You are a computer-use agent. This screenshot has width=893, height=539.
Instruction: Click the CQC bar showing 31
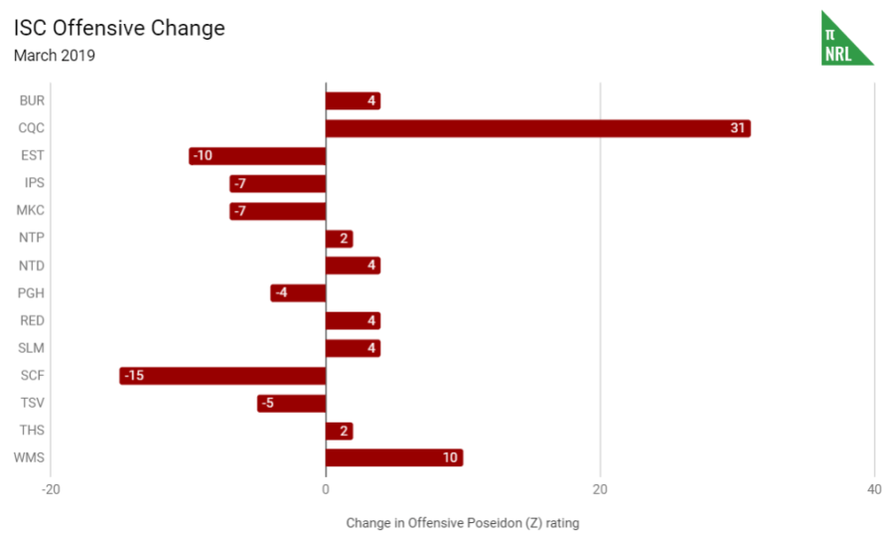click(537, 128)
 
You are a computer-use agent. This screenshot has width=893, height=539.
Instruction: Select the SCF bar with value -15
click(223, 376)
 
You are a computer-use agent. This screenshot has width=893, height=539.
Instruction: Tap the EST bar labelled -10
click(257, 156)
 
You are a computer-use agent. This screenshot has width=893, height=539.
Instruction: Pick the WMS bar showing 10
click(394, 457)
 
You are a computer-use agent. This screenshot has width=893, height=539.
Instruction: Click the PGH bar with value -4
click(298, 293)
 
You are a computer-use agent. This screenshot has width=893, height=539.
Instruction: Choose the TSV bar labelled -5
click(291, 403)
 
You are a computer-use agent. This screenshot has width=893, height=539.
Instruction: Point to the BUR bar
click(353, 100)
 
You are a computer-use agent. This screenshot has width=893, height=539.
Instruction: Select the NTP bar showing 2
click(339, 239)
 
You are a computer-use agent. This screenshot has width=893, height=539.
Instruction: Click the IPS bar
click(277, 183)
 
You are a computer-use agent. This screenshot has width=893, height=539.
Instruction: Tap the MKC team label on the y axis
click(31, 211)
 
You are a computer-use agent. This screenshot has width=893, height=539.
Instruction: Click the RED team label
click(32, 320)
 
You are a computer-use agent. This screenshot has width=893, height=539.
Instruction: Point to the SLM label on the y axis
click(32, 348)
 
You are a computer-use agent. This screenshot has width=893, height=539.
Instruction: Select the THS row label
click(32, 431)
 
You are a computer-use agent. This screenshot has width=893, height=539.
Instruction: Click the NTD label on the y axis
click(32, 266)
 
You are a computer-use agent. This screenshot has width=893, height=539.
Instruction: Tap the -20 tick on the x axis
click(51, 489)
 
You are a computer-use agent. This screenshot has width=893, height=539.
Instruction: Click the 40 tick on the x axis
click(874, 489)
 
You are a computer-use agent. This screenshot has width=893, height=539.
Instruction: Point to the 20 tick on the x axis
click(600, 489)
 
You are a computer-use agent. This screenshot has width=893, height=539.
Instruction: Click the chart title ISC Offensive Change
click(119, 28)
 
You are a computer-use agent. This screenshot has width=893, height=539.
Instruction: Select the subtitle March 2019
click(55, 56)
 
